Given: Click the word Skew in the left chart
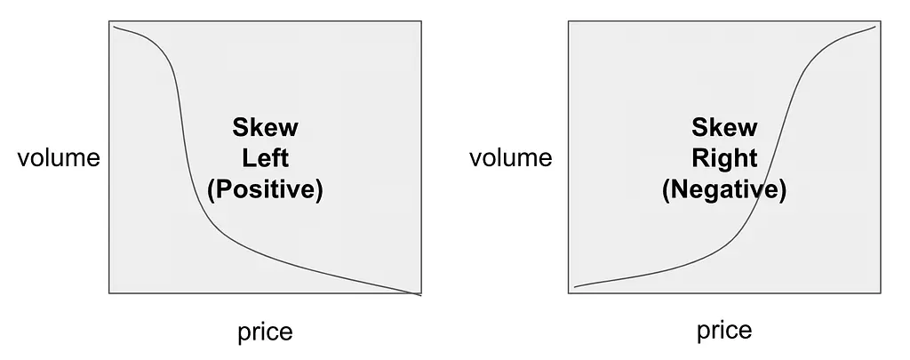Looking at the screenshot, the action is coord(265,127).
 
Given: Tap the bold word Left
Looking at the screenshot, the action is coord(265,158).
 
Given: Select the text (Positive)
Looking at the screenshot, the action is coord(265,189).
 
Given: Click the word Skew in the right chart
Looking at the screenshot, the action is coord(724,127).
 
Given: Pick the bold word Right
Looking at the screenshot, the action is coord(724,158).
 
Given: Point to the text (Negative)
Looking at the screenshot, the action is coord(724,189).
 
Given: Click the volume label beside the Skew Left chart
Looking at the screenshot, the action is coord(59,157).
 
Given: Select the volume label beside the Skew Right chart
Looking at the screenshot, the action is coord(511,157).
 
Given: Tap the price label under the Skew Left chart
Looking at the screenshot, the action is coord(265,332).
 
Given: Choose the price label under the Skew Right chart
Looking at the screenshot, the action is coord(724,331).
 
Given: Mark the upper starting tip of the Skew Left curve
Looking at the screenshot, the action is coord(114,26).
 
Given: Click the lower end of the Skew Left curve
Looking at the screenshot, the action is coord(420,295).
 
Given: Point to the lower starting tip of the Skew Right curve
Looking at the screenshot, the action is coord(575,287).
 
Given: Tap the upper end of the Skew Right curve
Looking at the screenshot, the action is coord(875,26).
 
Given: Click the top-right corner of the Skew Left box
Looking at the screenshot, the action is coord(421,21).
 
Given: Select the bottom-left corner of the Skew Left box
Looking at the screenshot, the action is coord(109,292).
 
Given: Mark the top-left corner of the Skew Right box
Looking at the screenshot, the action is coord(568,21).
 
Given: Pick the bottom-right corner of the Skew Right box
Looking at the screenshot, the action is coord(881,292).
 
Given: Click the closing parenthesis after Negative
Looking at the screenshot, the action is coord(783,190).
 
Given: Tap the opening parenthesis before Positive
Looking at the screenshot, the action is coord(212,190).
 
